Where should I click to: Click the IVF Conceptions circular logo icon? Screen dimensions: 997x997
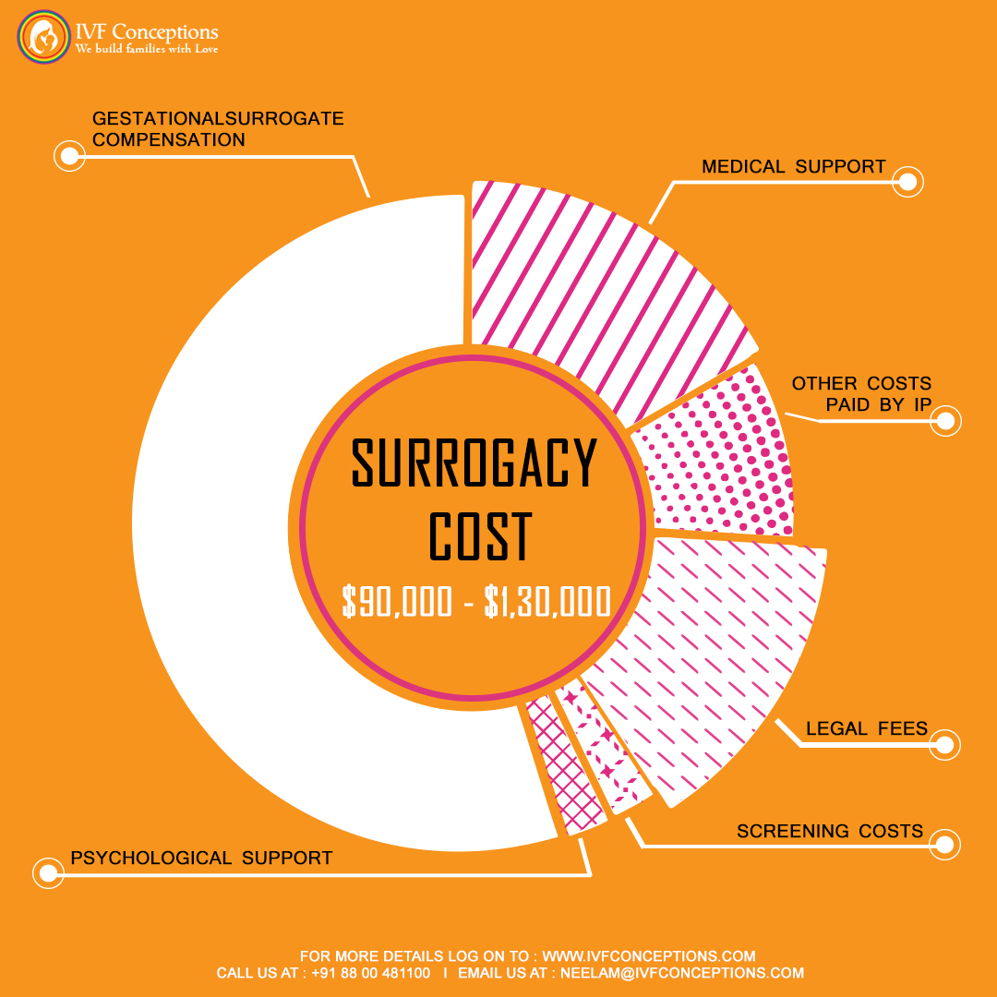point(43,38)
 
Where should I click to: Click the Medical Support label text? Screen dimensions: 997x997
point(793,167)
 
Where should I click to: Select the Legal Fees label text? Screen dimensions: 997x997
point(866,729)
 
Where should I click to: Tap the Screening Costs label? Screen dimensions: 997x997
point(829,832)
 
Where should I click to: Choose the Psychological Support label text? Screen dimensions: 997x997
point(201,859)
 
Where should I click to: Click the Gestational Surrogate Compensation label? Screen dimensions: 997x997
point(218,129)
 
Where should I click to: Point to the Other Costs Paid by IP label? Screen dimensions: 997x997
point(861,394)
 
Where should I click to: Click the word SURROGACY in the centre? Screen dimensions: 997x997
point(474,463)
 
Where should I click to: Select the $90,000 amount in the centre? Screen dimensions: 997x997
point(397,602)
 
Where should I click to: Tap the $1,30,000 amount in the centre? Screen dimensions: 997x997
point(547,602)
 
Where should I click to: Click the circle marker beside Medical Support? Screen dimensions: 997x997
point(908,182)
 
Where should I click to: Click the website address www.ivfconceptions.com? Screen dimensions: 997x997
point(648,956)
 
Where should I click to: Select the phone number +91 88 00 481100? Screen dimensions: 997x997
point(370,973)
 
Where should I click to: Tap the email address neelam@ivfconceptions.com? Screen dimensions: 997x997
point(682,973)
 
